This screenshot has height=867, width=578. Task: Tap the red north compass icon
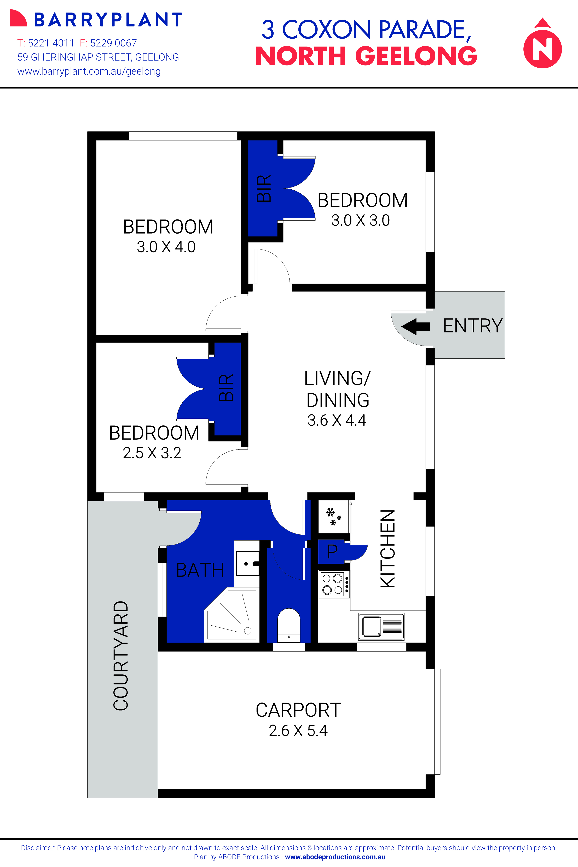pos(543,43)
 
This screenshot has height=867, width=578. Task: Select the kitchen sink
pos(381,626)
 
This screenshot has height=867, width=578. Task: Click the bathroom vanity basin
pos(247,563)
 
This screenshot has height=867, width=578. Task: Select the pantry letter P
pos(332,551)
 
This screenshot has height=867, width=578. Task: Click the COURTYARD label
pos(120,656)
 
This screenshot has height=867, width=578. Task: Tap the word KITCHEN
pos(388,548)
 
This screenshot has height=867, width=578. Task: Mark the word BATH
pos(200,570)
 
